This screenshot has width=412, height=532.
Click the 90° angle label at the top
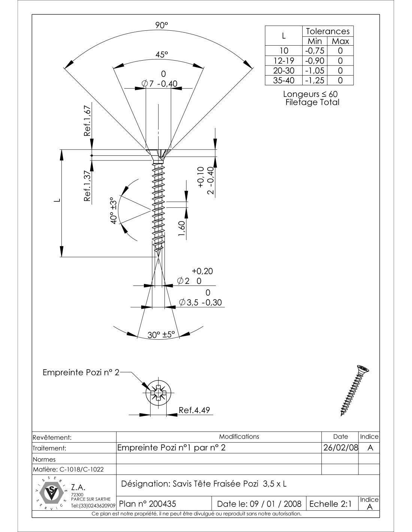tap(162, 25)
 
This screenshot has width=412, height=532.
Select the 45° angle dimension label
tap(162, 54)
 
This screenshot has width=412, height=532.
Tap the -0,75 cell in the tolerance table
tap(314, 51)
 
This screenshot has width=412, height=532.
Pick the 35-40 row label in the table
tap(284, 80)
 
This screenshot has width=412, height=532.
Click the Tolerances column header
tap(328, 31)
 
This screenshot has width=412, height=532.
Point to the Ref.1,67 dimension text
tap(87, 121)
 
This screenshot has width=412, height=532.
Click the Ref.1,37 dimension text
tap(87, 186)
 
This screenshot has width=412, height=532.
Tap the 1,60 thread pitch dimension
tap(182, 229)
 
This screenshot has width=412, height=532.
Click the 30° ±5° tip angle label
tap(161, 335)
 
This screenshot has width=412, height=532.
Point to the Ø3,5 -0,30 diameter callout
tap(201, 302)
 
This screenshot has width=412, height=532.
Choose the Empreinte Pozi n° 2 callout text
tap(81, 373)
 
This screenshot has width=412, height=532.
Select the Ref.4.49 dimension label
tap(194, 410)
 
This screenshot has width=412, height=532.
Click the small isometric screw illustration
tap(355, 390)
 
